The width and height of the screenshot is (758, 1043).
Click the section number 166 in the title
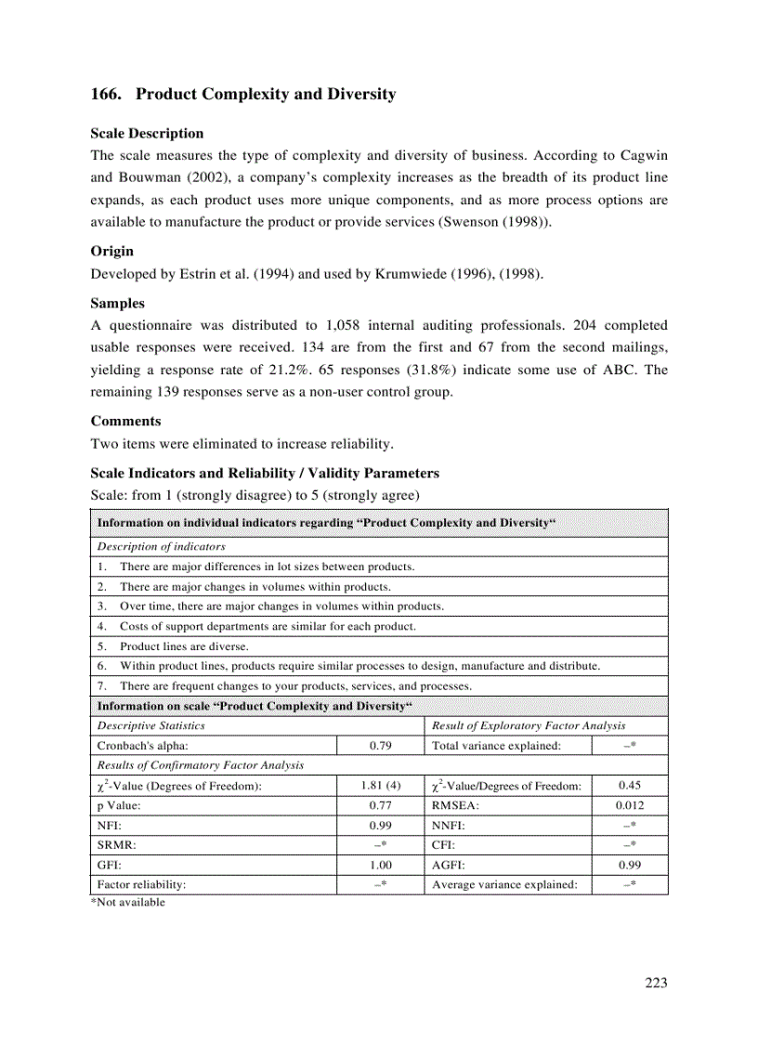(105, 94)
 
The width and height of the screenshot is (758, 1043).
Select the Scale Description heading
(147, 134)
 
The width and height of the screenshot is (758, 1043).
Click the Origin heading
(111, 251)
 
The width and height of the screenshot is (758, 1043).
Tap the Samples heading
(117, 303)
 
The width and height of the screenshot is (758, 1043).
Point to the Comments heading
(125, 421)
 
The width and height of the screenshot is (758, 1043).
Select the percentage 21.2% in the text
(275, 370)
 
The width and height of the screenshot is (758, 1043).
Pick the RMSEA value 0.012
(629, 805)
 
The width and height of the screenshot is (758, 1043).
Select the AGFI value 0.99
(629, 865)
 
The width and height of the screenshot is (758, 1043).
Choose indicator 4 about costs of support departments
(268, 626)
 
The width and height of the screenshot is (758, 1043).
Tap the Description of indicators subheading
(162, 546)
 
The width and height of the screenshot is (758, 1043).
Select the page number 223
(656, 984)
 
